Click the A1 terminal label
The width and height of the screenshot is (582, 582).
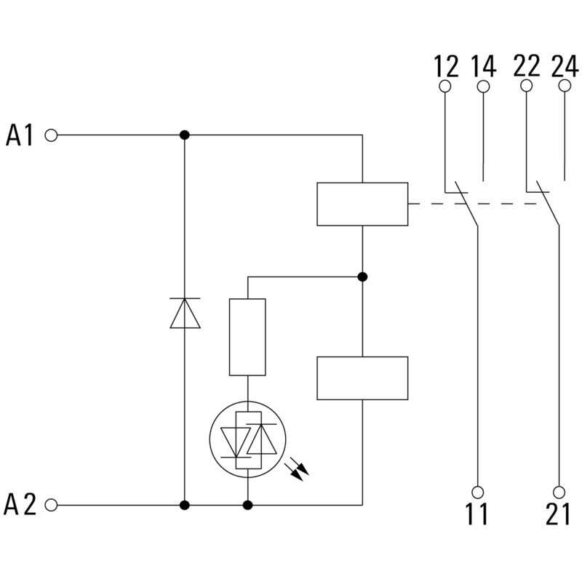(20, 135)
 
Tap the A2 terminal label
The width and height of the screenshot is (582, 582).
(20, 504)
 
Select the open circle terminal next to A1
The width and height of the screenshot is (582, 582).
(51, 135)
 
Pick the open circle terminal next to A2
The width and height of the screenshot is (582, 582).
(51, 504)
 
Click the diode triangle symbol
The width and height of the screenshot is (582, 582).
(185, 314)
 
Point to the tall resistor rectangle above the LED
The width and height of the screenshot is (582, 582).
(247, 337)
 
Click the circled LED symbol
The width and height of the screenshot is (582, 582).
(247, 438)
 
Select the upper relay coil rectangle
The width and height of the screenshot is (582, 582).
(362, 204)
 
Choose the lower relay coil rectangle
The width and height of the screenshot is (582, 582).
(362, 378)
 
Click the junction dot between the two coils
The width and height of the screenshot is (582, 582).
(362, 276)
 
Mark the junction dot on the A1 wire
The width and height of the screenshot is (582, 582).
(185, 135)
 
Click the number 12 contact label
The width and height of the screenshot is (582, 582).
(447, 67)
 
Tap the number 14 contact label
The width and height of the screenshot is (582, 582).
(483, 67)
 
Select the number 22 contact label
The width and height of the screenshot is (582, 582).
(527, 67)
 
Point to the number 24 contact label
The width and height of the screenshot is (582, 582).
(565, 67)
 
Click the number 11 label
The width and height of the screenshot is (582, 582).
(477, 515)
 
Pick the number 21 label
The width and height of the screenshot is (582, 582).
(559, 515)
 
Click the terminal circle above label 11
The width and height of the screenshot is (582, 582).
(478, 491)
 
